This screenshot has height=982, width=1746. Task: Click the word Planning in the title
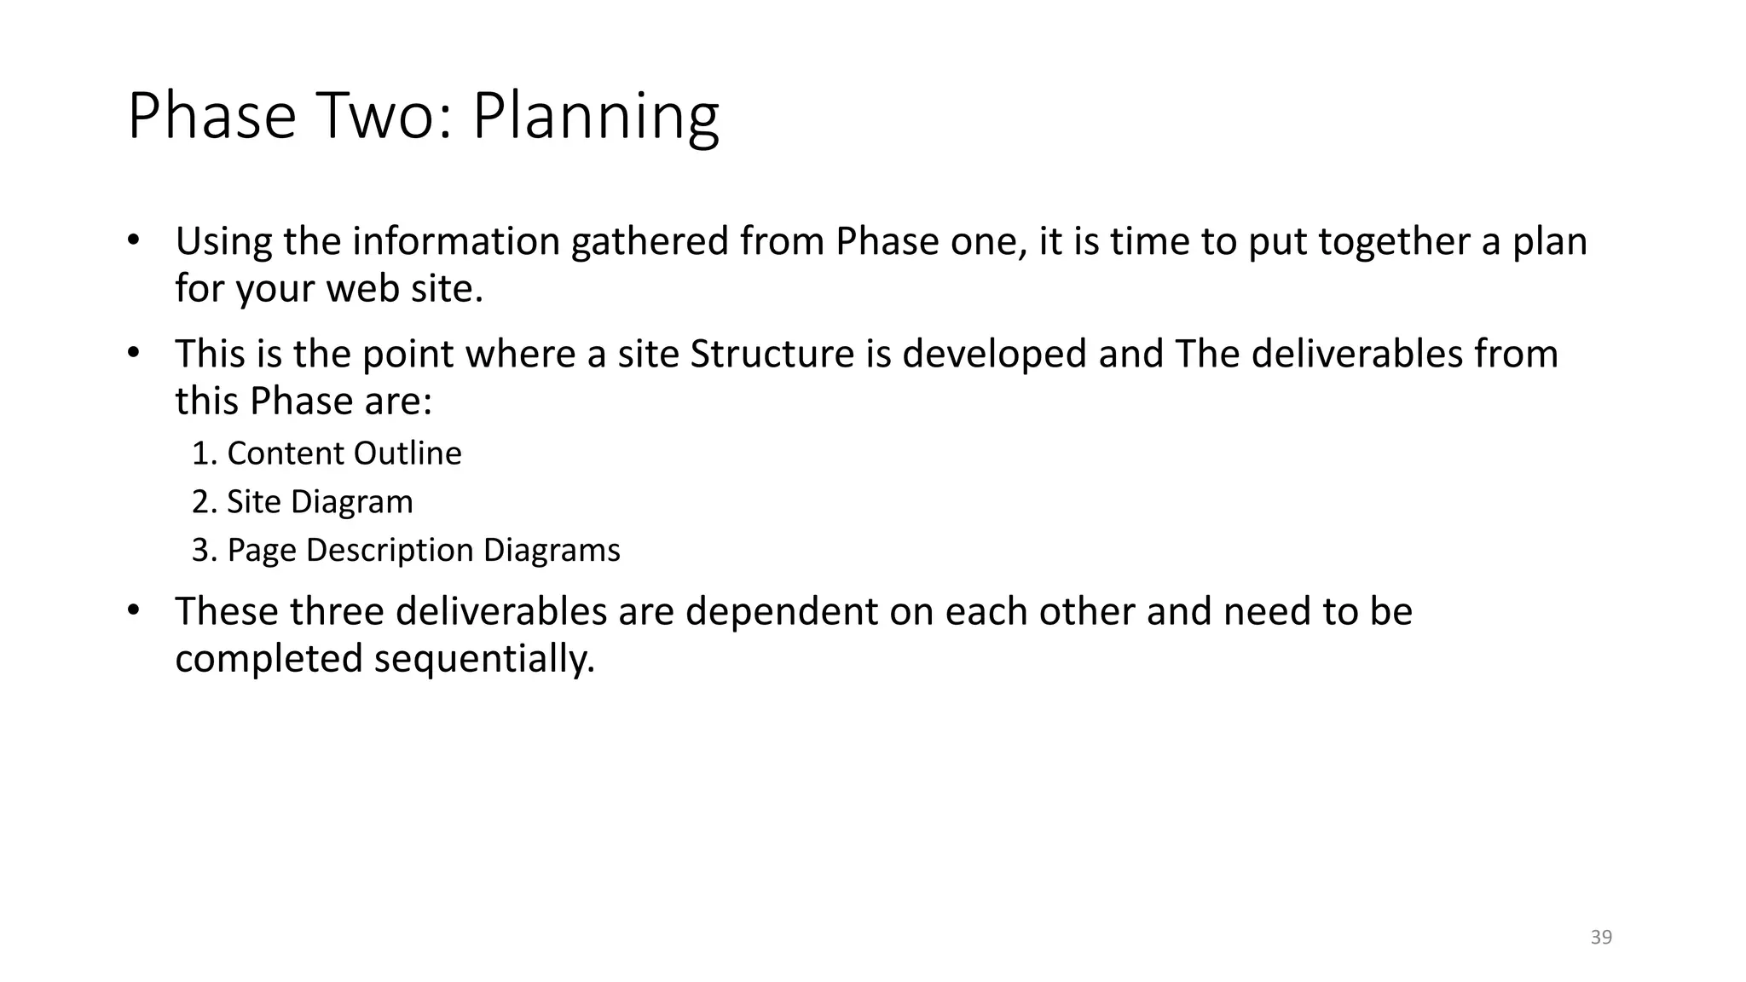point(595,117)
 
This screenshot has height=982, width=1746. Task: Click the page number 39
point(1601,938)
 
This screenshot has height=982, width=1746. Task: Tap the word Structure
point(772,354)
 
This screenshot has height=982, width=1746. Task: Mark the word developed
point(994,354)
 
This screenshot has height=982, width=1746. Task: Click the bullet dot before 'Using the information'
point(132,240)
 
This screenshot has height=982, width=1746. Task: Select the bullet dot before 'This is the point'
point(132,353)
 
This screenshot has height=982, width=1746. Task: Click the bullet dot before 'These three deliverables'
point(132,610)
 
